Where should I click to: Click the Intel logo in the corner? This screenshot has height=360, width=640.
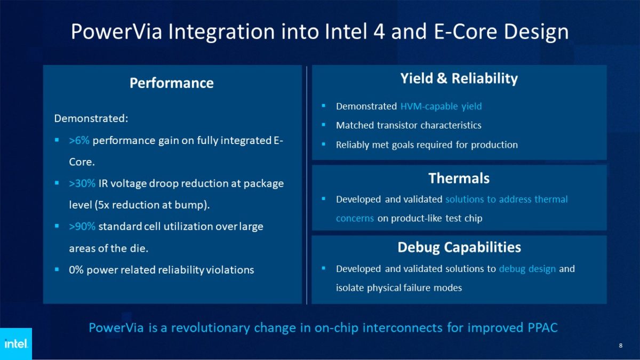click(15, 344)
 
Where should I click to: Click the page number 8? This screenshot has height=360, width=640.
click(620, 346)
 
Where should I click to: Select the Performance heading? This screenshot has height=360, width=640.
click(172, 83)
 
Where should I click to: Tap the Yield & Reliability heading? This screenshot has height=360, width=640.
click(459, 79)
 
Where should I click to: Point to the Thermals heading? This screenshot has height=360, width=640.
click(459, 178)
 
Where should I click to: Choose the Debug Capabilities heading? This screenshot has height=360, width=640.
click(459, 247)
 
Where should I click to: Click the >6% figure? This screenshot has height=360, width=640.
click(79, 140)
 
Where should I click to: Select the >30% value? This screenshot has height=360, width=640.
click(82, 183)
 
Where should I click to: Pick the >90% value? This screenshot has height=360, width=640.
click(82, 227)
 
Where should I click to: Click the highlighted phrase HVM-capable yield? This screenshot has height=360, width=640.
click(441, 106)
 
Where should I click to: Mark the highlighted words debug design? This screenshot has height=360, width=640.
click(527, 269)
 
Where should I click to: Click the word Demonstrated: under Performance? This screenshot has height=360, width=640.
click(91, 118)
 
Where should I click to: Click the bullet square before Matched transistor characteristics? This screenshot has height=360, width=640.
click(324, 125)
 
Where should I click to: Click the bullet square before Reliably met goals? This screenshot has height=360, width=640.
click(324, 145)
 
